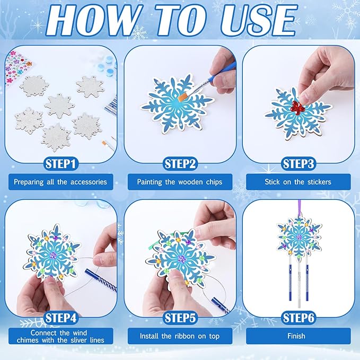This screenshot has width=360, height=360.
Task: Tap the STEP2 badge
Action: [x=180, y=163]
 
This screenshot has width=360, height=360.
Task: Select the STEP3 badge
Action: [x=299, y=163]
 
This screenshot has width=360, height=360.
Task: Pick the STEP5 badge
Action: [x=180, y=318]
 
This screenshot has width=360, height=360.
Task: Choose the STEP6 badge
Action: [x=299, y=318]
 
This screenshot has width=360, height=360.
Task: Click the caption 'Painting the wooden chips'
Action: [x=180, y=182]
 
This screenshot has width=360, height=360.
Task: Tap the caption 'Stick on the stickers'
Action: [x=299, y=182]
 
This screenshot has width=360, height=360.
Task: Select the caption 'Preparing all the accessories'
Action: [x=60, y=182]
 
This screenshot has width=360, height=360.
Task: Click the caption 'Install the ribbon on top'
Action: [x=180, y=336]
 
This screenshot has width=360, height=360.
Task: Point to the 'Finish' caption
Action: [x=296, y=336]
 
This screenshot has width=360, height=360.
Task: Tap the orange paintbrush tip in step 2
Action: [x=186, y=95]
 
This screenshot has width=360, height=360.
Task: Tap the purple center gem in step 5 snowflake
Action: [x=180, y=259]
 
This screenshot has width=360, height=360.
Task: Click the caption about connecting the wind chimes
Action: [x=60, y=336]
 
